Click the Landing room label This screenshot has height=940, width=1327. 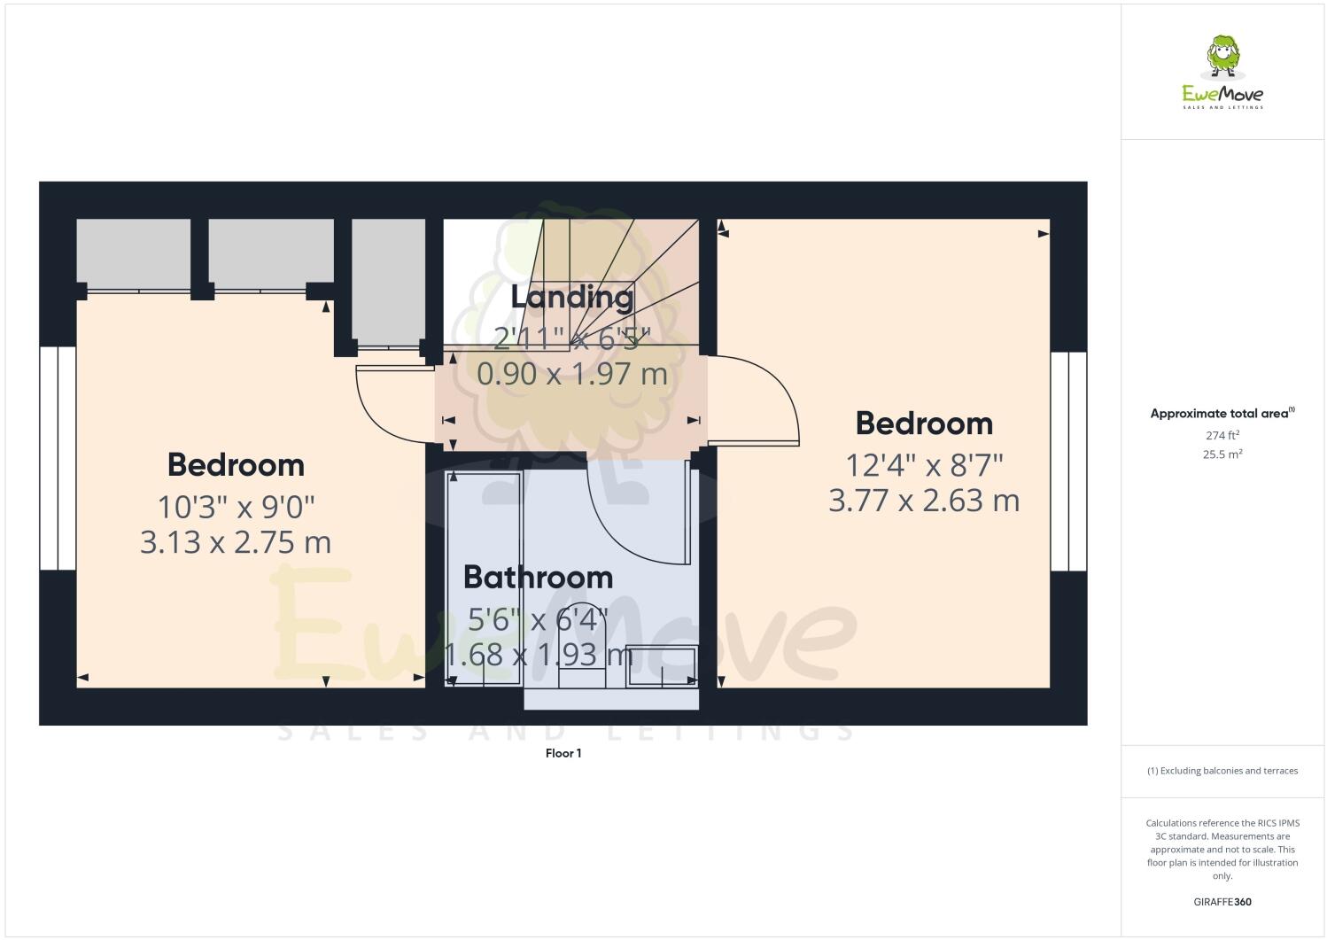tap(571, 297)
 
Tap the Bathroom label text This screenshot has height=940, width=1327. tap(538, 578)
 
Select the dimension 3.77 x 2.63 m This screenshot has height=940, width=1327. tap(923, 501)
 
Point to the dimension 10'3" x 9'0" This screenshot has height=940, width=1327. tap(237, 508)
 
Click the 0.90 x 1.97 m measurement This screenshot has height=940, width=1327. tap(571, 374)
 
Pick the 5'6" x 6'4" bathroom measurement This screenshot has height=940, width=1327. tap(538, 619)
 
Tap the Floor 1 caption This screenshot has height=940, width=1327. tap(563, 754)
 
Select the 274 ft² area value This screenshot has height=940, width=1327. tap(1222, 435)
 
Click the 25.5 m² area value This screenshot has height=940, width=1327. tap(1222, 454)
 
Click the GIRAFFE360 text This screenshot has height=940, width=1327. tap(1222, 903)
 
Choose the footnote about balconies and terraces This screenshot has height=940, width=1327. tap(1222, 771)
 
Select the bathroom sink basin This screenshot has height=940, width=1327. tap(662, 667)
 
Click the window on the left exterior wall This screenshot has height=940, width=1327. tap(58, 458)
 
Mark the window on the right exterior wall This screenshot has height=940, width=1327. tap(1068, 462)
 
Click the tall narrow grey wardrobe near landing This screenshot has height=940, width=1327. tap(386, 281)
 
